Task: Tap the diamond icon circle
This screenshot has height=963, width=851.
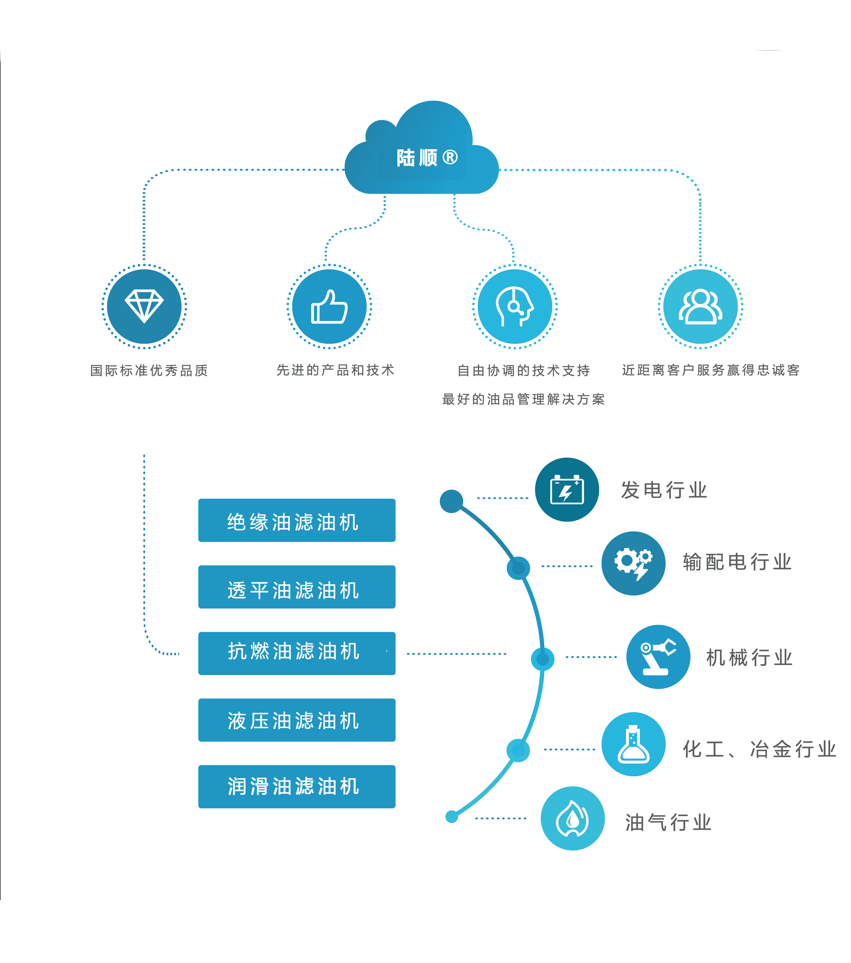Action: (144, 307)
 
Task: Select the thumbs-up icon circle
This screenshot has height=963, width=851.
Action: (329, 307)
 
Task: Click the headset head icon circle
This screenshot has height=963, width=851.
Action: (515, 307)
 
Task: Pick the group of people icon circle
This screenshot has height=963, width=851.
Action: (700, 307)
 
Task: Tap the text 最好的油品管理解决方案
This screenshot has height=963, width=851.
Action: (523, 399)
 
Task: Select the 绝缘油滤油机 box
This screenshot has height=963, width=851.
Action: (297, 520)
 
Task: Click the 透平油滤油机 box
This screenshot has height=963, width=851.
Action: (297, 587)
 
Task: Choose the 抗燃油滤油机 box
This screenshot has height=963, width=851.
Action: (297, 653)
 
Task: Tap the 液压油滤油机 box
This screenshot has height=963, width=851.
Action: (297, 720)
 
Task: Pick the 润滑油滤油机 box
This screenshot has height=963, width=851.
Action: (297, 787)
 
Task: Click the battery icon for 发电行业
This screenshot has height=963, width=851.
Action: (567, 490)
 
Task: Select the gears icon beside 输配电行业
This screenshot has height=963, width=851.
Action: (633, 564)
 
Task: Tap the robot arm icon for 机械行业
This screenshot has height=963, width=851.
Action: (658, 657)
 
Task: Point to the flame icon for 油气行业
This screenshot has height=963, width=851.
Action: (572, 818)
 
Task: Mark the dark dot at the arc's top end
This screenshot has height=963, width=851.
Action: (451, 501)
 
